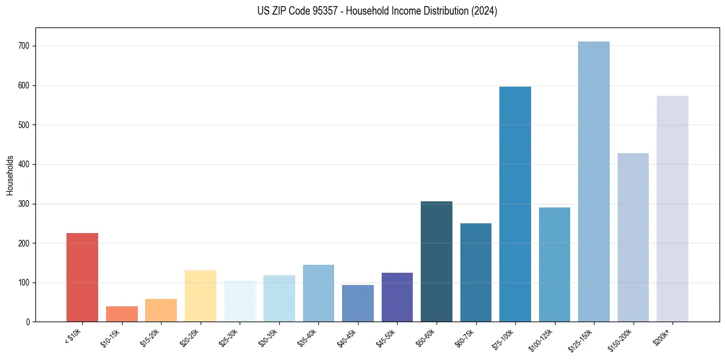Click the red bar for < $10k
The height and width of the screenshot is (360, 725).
click(x=82, y=278)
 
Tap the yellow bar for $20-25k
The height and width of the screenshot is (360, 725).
click(x=200, y=296)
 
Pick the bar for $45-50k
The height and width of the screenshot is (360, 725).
click(x=397, y=297)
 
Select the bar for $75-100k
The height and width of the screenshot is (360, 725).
click(x=515, y=204)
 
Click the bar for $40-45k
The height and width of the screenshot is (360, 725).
click(x=358, y=303)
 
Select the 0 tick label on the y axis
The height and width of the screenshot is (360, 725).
click(x=29, y=322)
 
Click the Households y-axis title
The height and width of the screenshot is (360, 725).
click(x=10, y=175)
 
